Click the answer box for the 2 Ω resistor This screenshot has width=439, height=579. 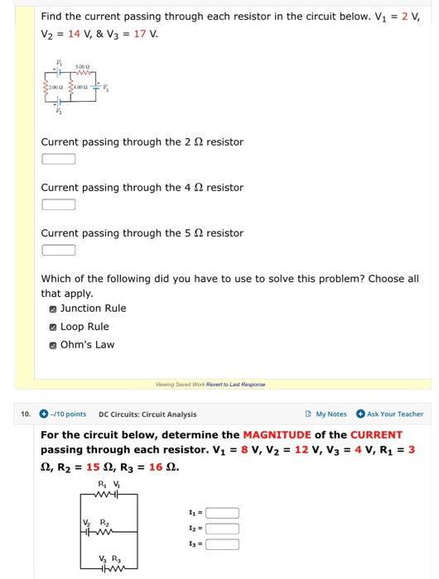coord(58,160)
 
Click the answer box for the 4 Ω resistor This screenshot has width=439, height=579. coord(58,205)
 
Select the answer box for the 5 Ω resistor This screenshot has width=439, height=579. coord(58,251)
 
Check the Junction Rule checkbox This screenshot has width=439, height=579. coord(53,309)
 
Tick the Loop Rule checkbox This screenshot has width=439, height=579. coord(53,327)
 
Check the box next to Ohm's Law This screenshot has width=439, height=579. coord(53,345)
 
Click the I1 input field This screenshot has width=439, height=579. coord(222,513)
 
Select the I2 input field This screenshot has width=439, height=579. coord(222,529)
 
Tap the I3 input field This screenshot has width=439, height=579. coord(222,544)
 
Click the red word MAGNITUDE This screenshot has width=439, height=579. coord(277,435)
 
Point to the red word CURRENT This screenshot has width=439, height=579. coord(376,435)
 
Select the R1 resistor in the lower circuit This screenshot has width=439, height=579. coord(101,495)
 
